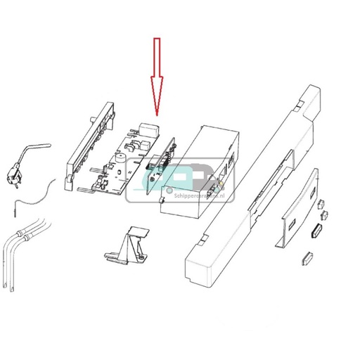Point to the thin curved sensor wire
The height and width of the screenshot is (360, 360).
[39, 193]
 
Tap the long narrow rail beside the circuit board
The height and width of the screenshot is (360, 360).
[88, 144]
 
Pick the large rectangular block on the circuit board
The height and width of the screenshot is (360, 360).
[150, 131]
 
